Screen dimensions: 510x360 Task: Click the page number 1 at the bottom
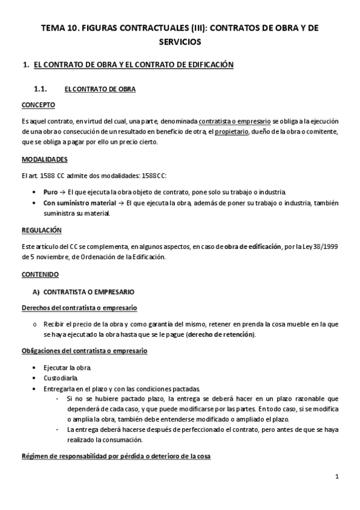coord(338,478)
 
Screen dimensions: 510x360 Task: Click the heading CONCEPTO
coord(38,105)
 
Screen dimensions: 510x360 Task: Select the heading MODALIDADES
coord(44,159)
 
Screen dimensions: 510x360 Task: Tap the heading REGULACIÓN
coord(41,230)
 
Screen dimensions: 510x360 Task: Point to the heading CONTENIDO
coord(40,274)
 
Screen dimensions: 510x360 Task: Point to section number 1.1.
coord(40,89)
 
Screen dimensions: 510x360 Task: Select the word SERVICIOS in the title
coord(180,42)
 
